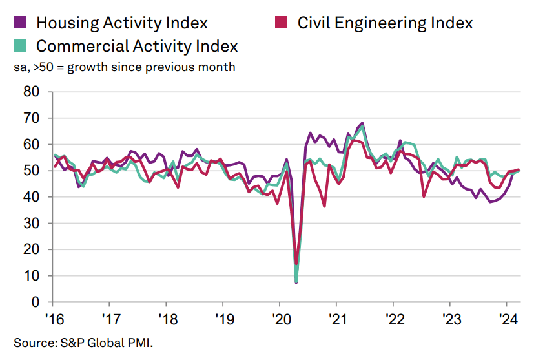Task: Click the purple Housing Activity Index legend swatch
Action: tap(20, 23)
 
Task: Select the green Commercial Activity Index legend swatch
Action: tap(20, 47)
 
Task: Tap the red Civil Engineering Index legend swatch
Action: tap(281, 23)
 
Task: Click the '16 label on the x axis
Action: tap(54, 319)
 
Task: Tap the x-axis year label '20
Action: tap(280, 319)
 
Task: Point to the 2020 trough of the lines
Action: tap(296, 282)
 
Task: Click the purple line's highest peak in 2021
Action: tap(362, 123)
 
